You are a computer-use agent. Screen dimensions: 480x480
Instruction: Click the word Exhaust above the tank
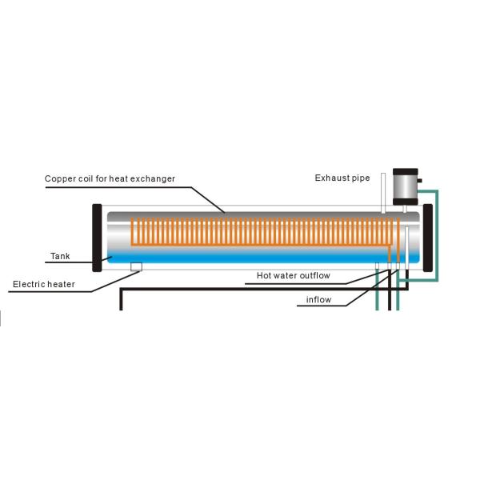331,178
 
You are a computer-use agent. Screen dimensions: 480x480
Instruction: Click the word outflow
331,276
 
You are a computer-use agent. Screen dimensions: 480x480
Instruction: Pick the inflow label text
318,301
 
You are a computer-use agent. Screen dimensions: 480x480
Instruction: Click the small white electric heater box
137,266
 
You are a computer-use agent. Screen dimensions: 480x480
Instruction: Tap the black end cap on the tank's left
97,238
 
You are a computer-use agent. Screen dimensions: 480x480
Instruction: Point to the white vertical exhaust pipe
384,193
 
